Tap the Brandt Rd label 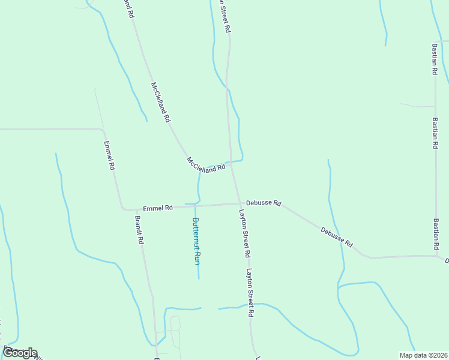pyautogui.click(x=139, y=230)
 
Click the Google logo pyautogui.click(x=19, y=353)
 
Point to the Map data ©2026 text pyautogui.click(x=423, y=355)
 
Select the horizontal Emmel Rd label pyautogui.click(x=158, y=208)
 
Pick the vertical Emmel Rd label pyautogui.click(x=109, y=156)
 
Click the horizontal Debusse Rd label pyautogui.click(x=264, y=203)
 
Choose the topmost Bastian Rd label pyautogui.click(x=434, y=58)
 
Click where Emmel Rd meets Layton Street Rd pyautogui.click(x=240, y=203)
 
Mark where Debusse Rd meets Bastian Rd pyautogui.click(x=436, y=256)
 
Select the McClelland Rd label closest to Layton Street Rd pyautogui.click(x=205, y=165)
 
